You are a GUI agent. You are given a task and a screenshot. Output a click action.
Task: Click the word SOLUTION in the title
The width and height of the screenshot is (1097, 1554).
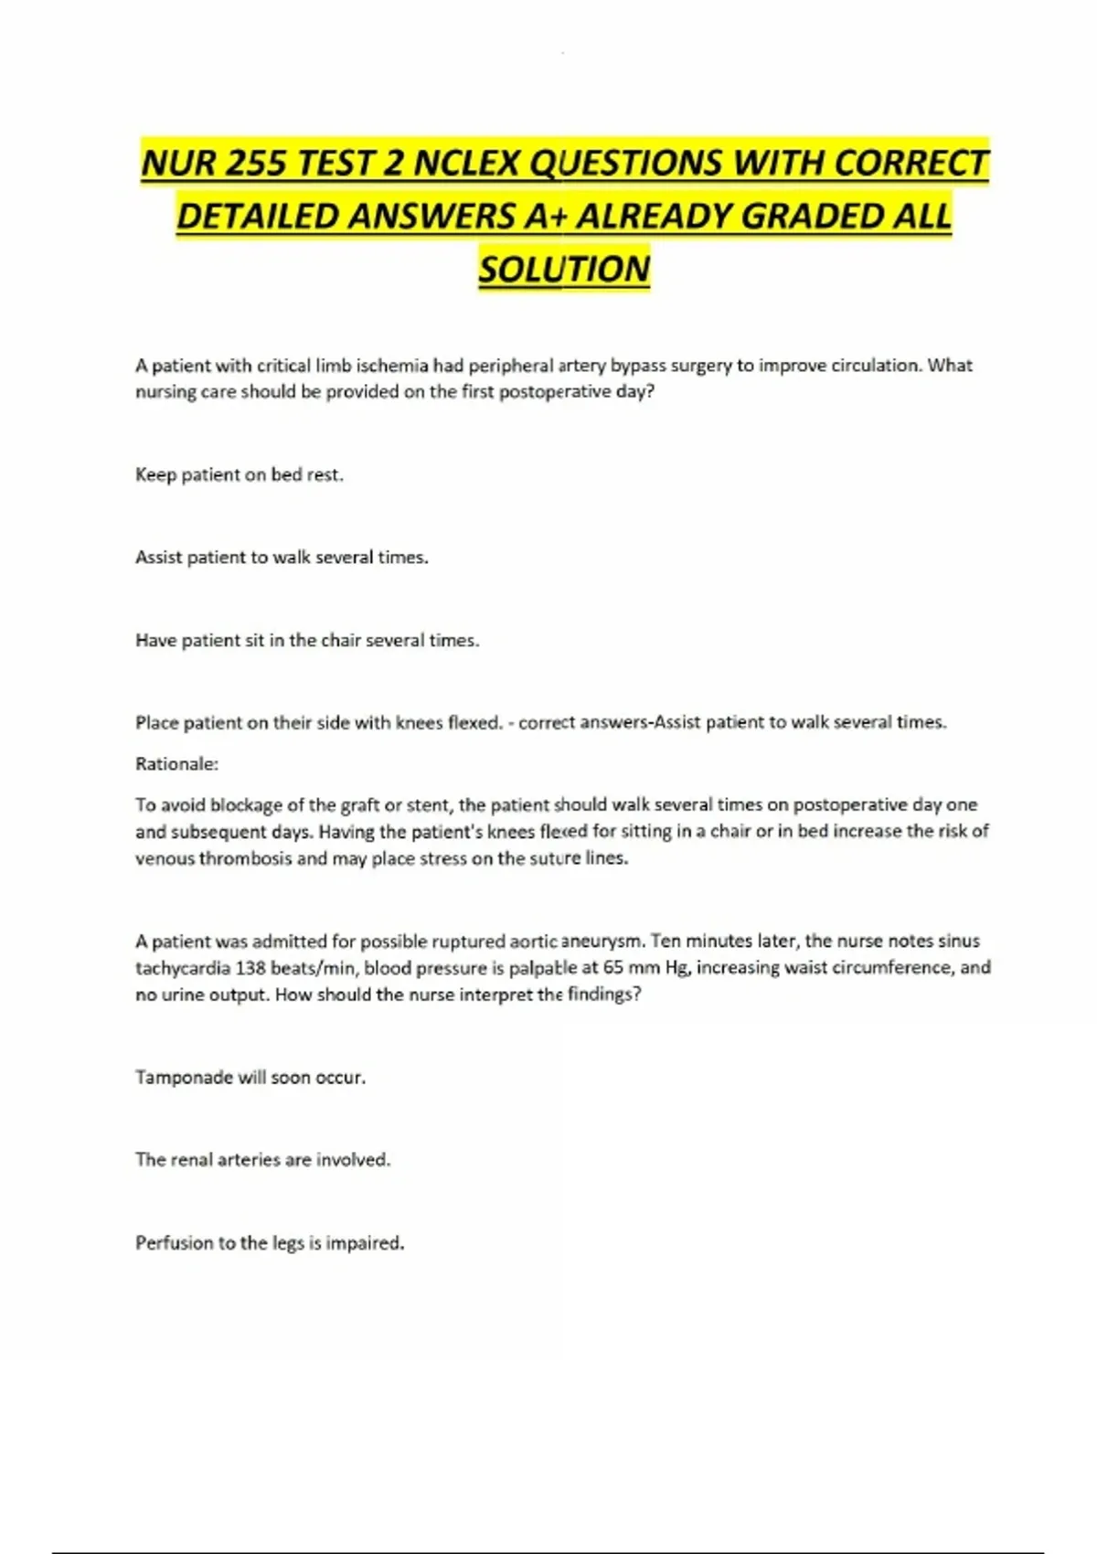click(564, 269)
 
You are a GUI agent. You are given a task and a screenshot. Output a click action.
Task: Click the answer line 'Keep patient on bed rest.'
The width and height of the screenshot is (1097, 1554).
click(239, 474)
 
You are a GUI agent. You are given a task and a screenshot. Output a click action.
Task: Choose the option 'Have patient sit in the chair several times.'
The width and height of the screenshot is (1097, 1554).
click(307, 640)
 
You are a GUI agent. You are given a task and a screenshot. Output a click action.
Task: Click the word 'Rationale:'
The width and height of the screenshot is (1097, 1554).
click(176, 763)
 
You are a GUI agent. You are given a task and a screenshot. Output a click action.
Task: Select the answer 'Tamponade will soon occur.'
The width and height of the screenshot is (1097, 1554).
click(250, 1077)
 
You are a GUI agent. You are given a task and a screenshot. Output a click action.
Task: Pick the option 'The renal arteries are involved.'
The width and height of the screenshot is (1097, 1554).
click(262, 1159)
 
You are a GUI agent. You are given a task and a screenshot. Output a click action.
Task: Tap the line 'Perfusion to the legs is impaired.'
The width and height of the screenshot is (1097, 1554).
click(270, 1242)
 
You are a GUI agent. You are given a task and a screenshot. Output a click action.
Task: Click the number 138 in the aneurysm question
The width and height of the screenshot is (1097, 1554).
click(250, 967)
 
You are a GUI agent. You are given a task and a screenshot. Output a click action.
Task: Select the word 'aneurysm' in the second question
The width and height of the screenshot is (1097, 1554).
click(602, 941)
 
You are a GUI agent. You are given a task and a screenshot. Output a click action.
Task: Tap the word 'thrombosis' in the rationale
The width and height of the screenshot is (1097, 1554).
click(246, 858)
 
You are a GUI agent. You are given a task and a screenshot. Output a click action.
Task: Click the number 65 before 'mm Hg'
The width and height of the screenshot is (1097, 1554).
click(612, 967)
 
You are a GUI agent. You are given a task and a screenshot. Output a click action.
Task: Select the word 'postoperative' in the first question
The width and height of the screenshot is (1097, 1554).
click(555, 391)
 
